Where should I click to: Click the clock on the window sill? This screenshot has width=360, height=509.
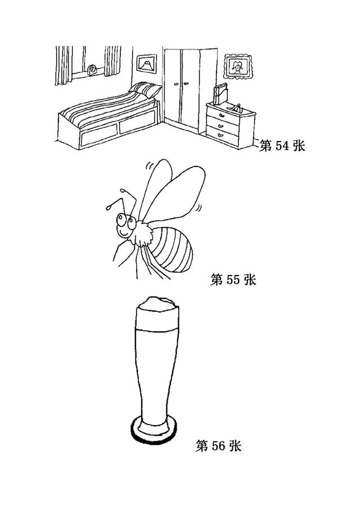pos(92,70)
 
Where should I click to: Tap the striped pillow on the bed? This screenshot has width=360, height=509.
pos(146,89)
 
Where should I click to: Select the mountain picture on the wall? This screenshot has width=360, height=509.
pos(147,64)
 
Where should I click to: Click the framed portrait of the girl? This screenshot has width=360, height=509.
pos(238,66)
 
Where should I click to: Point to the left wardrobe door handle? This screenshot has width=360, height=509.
pos(177,84)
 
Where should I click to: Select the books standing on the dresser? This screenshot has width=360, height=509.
pos(220,94)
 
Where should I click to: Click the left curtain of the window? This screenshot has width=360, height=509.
pos(64,66)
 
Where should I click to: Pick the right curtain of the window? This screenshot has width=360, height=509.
pos(112,61)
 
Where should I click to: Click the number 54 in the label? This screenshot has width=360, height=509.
pos(282,146)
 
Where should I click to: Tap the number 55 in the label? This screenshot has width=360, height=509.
pos(232,280)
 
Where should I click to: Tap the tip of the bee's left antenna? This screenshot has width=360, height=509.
pos(107,207)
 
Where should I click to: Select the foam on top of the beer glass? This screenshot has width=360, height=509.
pos(157,304)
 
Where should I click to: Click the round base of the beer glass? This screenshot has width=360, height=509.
pos(155,429)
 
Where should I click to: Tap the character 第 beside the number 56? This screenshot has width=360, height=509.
pos(201,445)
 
